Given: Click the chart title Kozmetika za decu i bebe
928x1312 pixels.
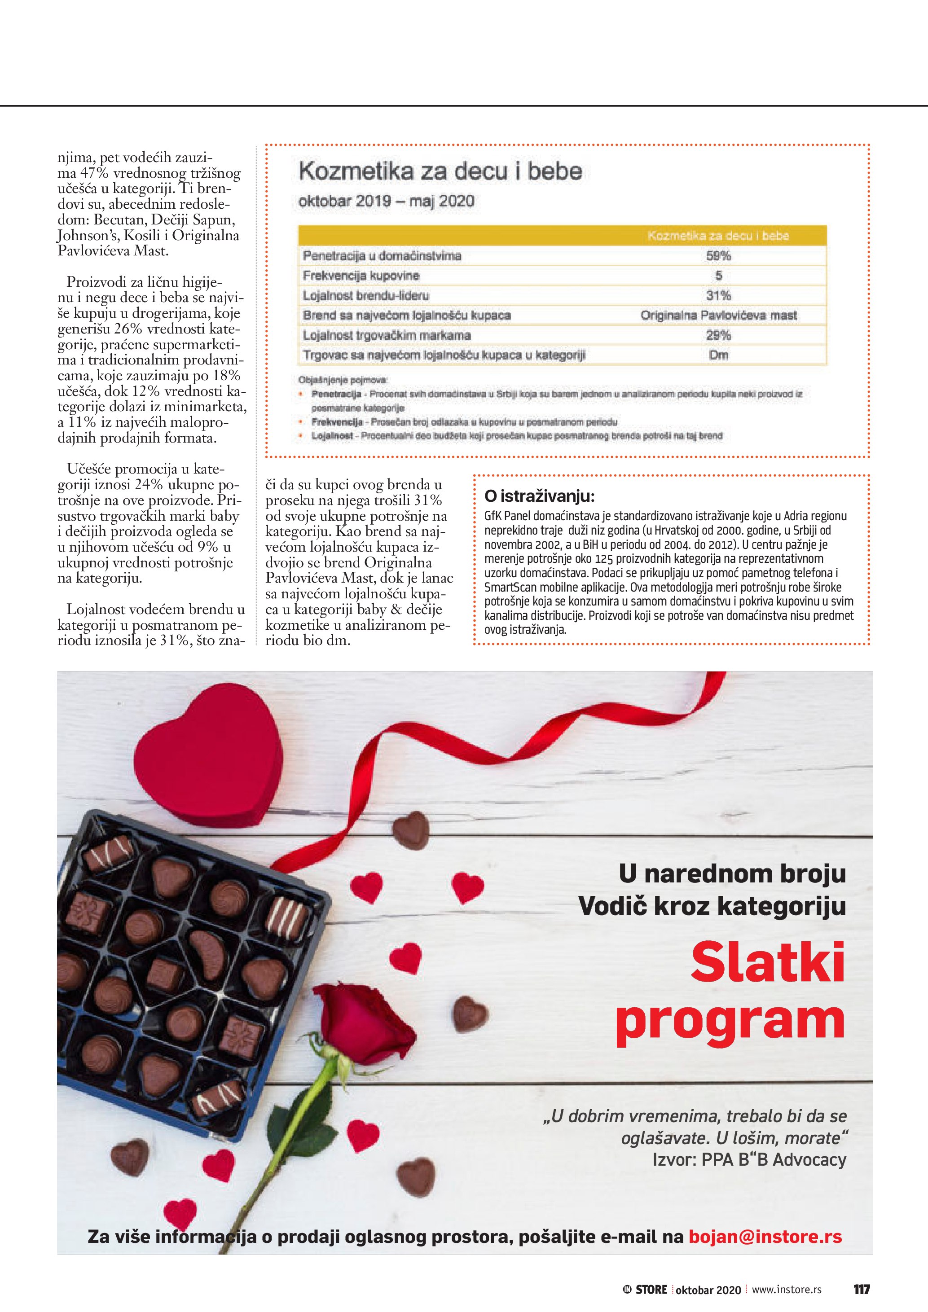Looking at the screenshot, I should click(440, 171).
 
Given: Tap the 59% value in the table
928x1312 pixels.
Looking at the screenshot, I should click(718, 255).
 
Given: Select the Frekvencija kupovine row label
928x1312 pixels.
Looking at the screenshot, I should click(361, 276).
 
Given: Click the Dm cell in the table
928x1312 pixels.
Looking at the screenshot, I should click(718, 355).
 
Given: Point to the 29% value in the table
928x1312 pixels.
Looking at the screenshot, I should click(718, 335).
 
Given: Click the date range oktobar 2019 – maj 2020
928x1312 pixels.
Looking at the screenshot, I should click(386, 201).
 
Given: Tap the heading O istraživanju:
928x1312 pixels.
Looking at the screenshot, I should click(540, 496).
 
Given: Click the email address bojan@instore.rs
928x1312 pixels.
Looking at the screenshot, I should click(765, 1237).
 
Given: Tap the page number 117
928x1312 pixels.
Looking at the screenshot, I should click(861, 1290).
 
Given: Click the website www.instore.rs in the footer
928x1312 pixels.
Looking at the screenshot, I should click(786, 1290).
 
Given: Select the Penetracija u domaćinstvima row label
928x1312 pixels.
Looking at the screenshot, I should click(382, 255).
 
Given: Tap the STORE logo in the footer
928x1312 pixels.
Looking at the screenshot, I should click(645, 1290).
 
